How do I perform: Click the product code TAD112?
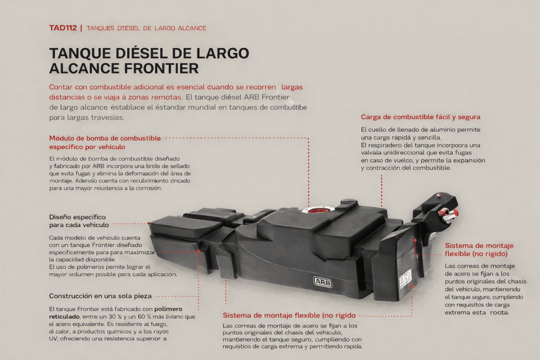click(x=63, y=28)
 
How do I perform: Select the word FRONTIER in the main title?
click(x=161, y=68)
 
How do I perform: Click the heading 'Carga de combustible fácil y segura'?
click(x=420, y=117)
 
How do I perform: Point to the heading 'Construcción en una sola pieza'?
click(x=100, y=296)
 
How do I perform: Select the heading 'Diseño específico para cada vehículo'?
click(x=79, y=221)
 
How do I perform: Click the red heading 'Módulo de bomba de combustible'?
click(x=105, y=138)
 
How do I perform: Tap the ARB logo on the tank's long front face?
click(x=323, y=282)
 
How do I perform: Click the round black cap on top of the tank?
click(x=349, y=201)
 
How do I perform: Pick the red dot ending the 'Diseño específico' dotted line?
click(x=149, y=224)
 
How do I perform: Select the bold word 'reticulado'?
click(x=64, y=316)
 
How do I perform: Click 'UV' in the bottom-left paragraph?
click(x=53, y=338)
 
